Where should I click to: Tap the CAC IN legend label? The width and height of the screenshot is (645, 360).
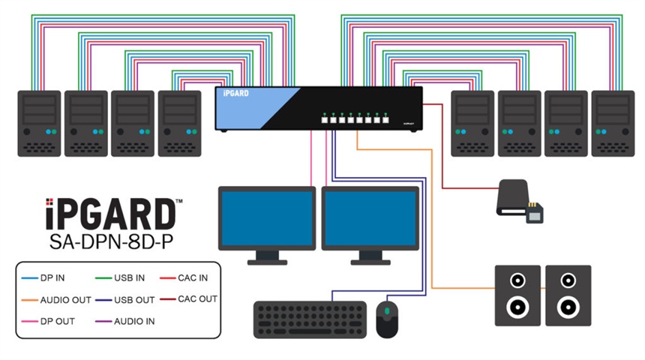pyautogui.click(x=193, y=278)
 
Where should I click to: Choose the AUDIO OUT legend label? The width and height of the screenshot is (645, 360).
pyautogui.click(x=66, y=300)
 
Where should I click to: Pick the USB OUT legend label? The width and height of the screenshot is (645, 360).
pyautogui.click(x=135, y=300)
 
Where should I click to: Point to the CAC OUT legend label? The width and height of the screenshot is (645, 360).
pyautogui.click(x=197, y=299)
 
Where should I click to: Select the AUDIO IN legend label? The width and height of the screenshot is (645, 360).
pyautogui.click(x=136, y=321)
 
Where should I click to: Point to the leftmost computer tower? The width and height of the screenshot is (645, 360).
pyautogui.click(x=39, y=123)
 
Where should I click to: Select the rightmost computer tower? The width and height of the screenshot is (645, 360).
pyautogui.click(x=613, y=123)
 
